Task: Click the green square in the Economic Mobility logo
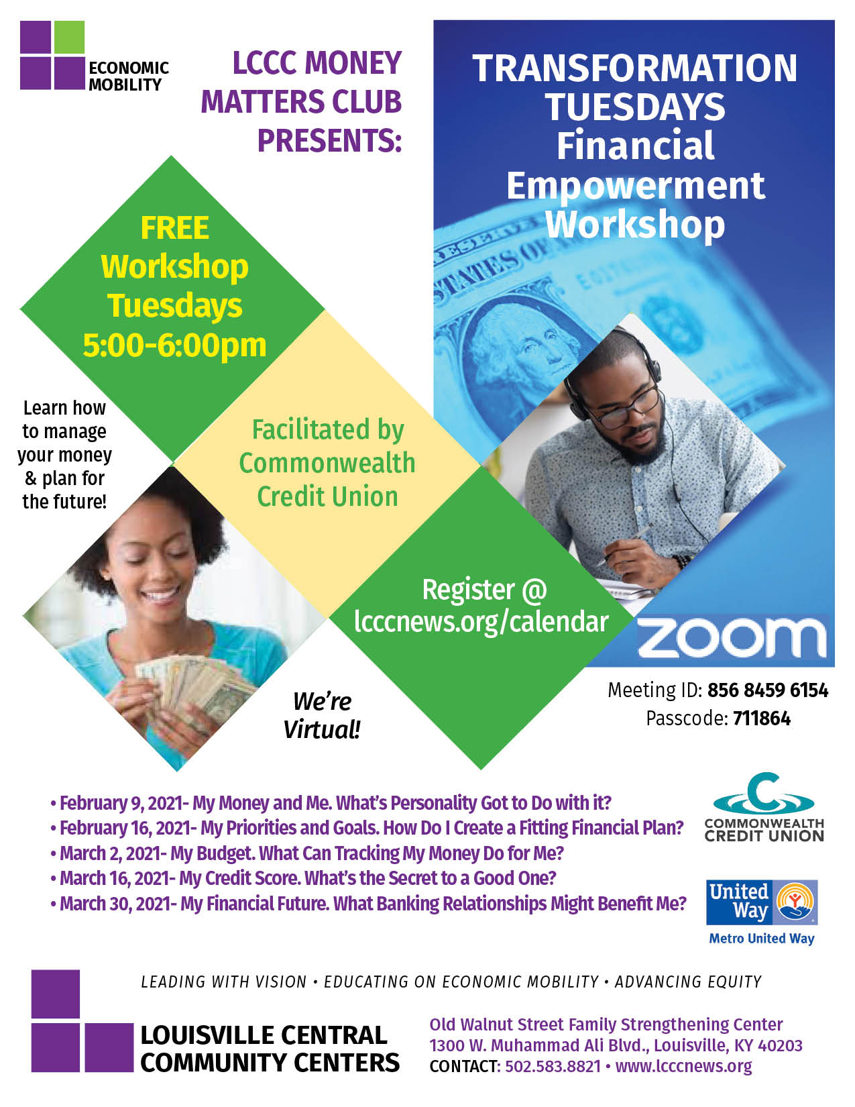(x=69, y=37)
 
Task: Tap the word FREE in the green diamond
(x=174, y=227)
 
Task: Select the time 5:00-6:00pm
(x=174, y=346)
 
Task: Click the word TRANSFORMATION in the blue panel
(x=634, y=68)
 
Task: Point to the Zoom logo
(x=732, y=637)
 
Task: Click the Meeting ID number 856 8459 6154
(x=767, y=690)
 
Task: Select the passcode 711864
(x=762, y=719)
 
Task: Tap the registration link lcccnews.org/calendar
(x=481, y=622)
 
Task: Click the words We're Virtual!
(x=322, y=715)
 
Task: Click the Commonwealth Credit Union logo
(x=764, y=807)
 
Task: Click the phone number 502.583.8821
(x=553, y=1066)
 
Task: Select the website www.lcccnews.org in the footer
(x=683, y=1066)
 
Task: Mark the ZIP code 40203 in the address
(x=780, y=1045)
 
